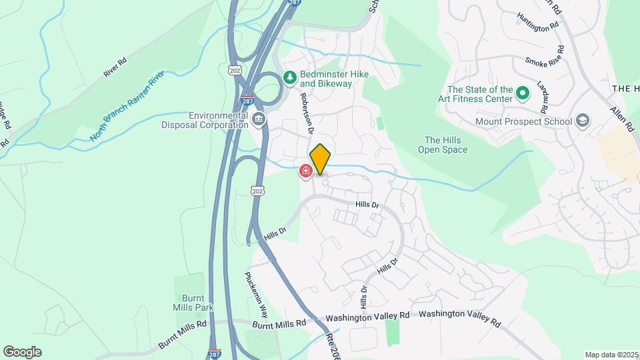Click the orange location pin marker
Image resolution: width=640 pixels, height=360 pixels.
tap(320, 159)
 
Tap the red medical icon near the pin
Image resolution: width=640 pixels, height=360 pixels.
tap(306, 172)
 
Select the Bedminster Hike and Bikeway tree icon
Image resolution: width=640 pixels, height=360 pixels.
tap(290, 78)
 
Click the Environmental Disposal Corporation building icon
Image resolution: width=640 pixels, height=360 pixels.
tap(258, 120)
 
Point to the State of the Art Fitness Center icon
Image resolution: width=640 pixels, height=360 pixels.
tap(523, 94)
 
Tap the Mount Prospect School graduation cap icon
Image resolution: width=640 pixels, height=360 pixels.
tap(583, 121)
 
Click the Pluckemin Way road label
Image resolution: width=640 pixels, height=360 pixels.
tap(256, 295)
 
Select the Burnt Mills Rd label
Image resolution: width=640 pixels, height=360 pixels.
tap(279, 323)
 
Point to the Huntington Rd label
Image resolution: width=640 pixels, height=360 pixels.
tap(537, 24)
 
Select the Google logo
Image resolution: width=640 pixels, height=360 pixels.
tap(22, 352)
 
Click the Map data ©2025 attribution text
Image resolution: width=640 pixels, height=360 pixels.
tap(611, 355)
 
